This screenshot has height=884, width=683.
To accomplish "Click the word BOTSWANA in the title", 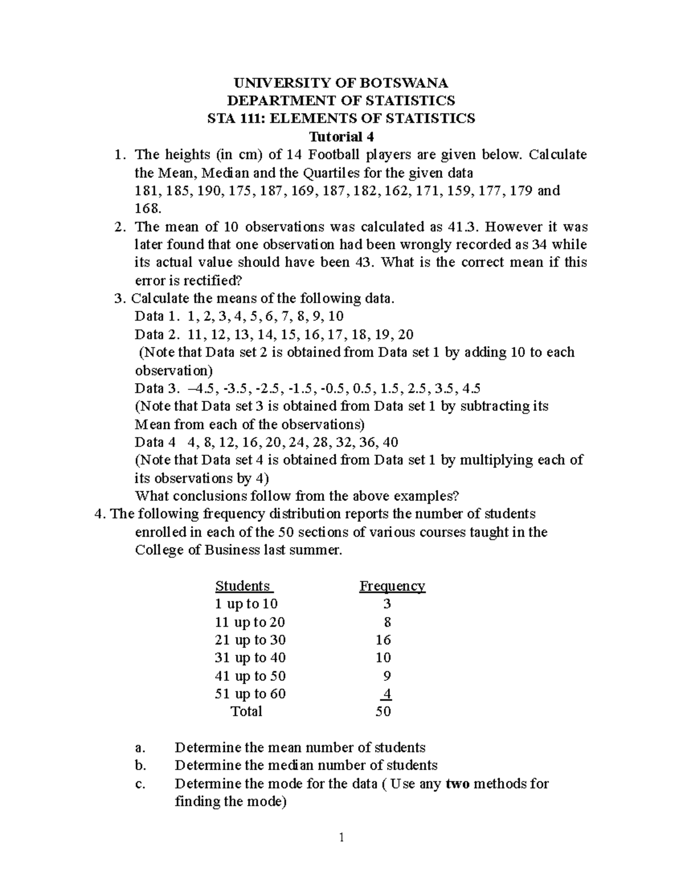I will pyautogui.click(x=402, y=83).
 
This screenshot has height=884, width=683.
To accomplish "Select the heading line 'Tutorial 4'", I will pyautogui.click(x=341, y=137).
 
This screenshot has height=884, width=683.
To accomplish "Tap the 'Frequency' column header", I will pyautogui.click(x=392, y=586).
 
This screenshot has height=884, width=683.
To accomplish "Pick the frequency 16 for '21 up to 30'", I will pyautogui.click(x=383, y=640).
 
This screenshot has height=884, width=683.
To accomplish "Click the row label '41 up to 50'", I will pyautogui.click(x=250, y=676).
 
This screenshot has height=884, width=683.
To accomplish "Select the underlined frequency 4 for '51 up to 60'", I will pyautogui.click(x=387, y=694).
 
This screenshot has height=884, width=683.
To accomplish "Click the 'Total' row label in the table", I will pyautogui.click(x=246, y=712).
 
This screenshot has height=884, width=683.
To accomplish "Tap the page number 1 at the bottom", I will pyautogui.click(x=341, y=837).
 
